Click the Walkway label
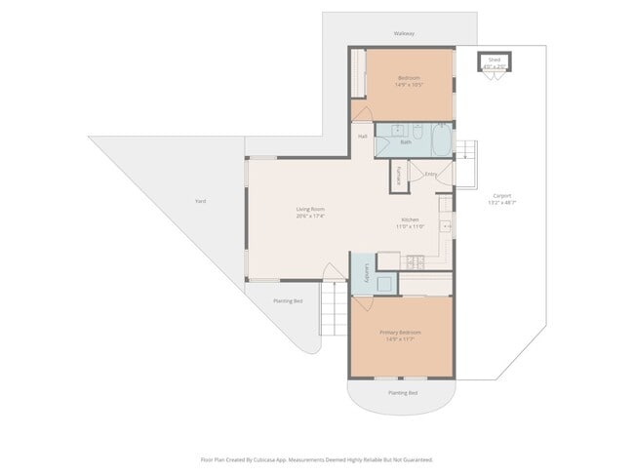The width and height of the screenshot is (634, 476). tap(404, 34)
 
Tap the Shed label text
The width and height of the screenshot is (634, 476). tap(495, 59)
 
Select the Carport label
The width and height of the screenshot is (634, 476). tap(501, 195)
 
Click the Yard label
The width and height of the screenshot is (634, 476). tap(200, 201)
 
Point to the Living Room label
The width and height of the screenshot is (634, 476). tap(310, 210)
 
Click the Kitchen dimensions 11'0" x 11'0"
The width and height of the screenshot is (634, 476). tap(410, 226)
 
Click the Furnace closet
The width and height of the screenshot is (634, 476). tap(399, 176)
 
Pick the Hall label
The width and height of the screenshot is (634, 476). tap(362, 137)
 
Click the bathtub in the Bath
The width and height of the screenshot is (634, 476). tap(442, 140)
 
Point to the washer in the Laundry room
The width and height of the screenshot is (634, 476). tap(383, 284)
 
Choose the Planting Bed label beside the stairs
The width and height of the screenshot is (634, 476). tap(287, 301)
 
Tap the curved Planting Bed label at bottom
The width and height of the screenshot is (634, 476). tap(403, 392)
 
